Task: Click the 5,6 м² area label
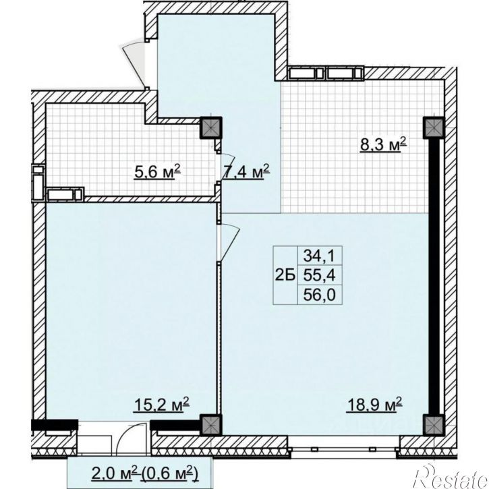pyautogui.click(x=157, y=171)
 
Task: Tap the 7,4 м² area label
pyautogui.click(x=246, y=171)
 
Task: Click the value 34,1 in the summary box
pyautogui.click(x=319, y=256)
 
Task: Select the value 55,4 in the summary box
pyautogui.click(x=319, y=275)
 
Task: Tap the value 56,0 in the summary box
pyautogui.click(x=319, y=294)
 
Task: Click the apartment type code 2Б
pyautogui.click(x=285, y=275)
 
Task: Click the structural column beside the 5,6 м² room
pyautogui.click(x=211, y=127)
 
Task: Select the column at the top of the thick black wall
pyautogui.click(x=433, y=127)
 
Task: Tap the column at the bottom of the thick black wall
pyautogui.click(x=433, y=425)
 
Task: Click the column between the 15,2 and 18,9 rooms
pyautogui.click(x=211, y=425)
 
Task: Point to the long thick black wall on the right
pyautogui.click(x=433, y=276)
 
